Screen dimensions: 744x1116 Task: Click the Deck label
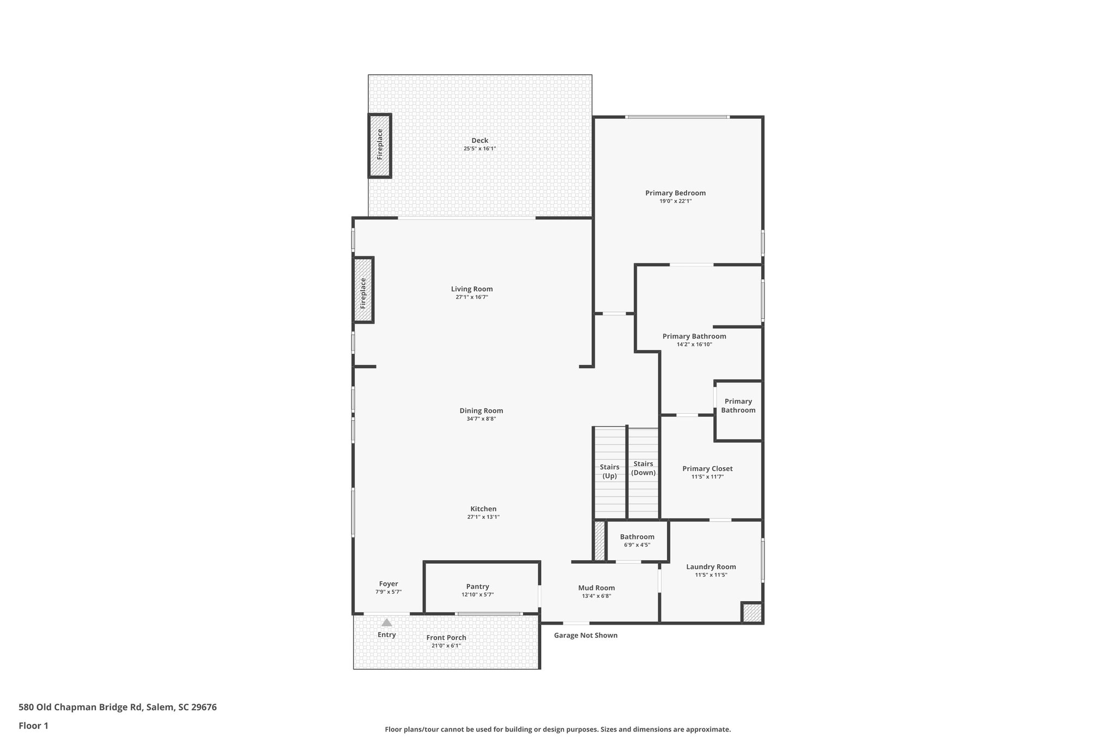(x=480, y=141)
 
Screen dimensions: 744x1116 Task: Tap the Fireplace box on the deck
(x=380, y=146)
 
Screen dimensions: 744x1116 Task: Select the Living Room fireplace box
(x=363, y=290)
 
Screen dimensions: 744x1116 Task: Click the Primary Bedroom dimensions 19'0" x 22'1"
(x=675, y=201)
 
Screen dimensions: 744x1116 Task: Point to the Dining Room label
(x=481, y=411)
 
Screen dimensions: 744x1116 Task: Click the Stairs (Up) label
(x=609, y=471)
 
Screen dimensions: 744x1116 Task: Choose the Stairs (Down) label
(x=643, y=468)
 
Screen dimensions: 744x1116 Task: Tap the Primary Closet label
(x=707, y=469)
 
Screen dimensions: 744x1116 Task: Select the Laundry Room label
(x=711, y=567)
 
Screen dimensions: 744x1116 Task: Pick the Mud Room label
(x=596, y=588)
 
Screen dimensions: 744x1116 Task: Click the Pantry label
(x=477, y=587)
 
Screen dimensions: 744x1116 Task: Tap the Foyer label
(x=389, y=584)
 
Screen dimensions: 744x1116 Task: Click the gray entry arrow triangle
(x=386, y=622)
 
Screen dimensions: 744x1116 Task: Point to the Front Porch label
(x=446, y=638)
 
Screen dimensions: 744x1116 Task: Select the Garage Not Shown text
(x=585, y=636)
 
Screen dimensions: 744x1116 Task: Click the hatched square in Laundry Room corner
(x=752, y=613)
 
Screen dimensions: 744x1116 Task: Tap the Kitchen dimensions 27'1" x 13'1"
(x=483, y=517)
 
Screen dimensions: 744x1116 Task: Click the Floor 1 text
(x=33, y=725)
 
